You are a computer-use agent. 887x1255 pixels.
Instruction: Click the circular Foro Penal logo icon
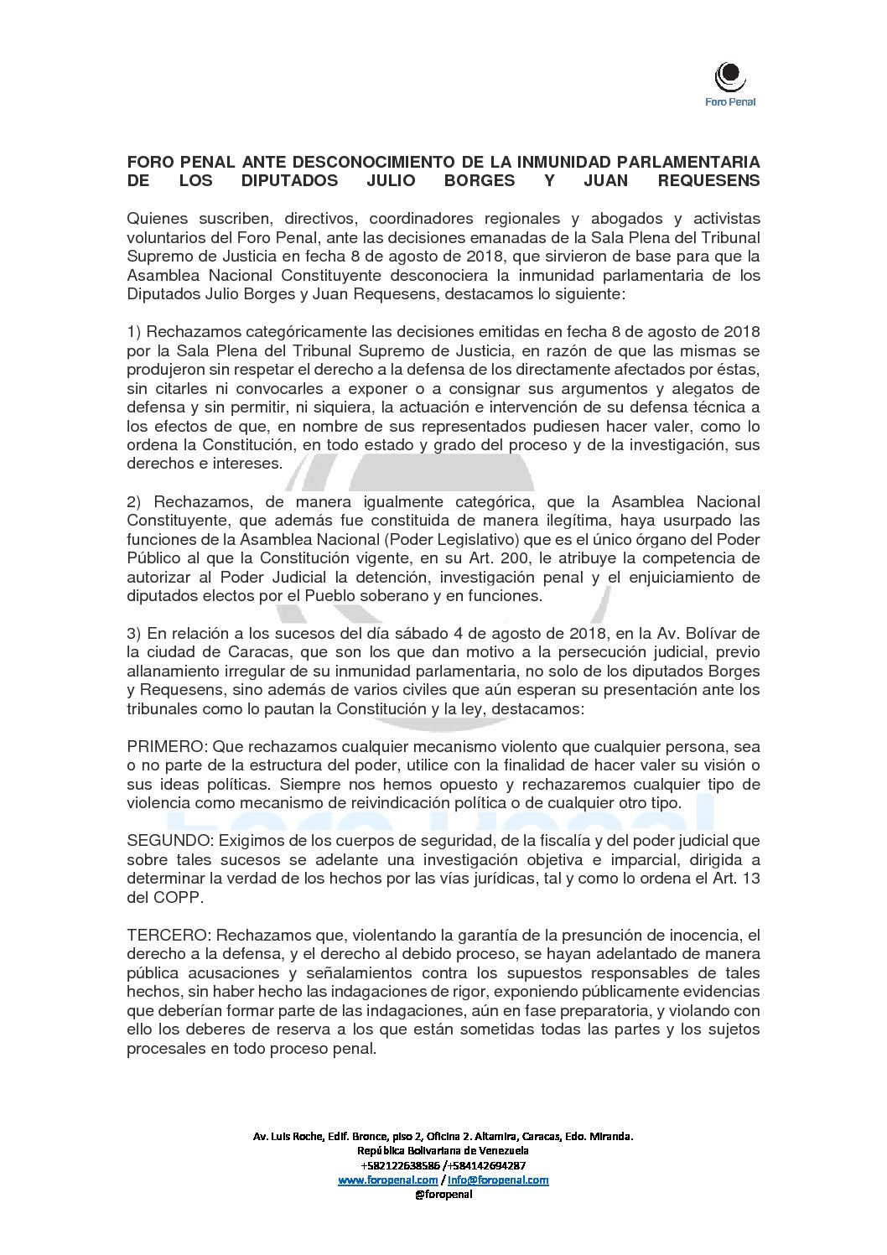point(729,76)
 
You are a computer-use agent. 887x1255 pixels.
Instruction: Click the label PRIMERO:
point(168,747)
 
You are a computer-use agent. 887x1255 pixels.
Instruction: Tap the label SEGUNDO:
point(170,841)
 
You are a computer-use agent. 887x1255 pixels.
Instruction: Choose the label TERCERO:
point(170,935)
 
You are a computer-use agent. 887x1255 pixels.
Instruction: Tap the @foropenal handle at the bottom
point(443,1194)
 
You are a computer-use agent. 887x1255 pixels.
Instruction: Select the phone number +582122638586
point(400,1165)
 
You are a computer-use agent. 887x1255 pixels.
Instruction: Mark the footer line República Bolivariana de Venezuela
point(443,1151)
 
